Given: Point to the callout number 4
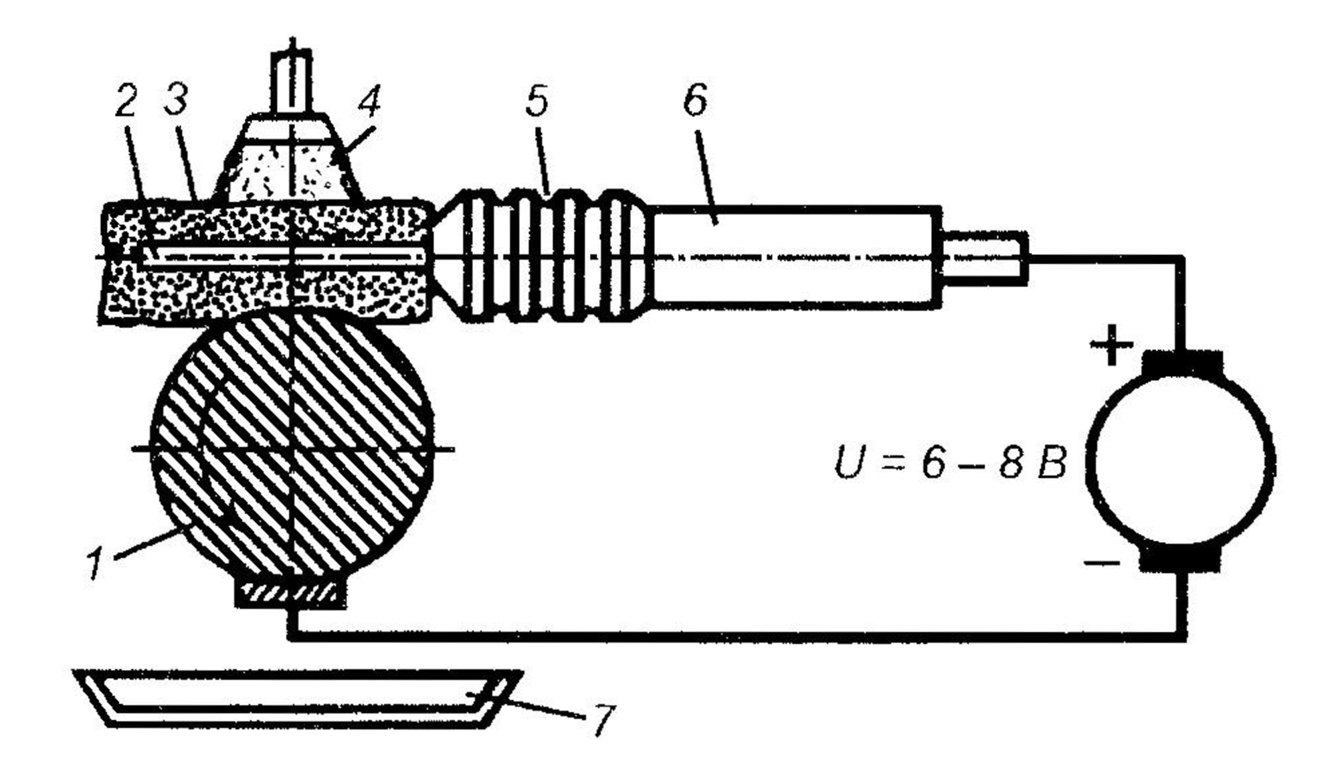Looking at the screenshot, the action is (x=369, y=102).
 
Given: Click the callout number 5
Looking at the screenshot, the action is (x=537, y=100).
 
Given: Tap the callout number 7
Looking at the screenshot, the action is (x=601, y=720).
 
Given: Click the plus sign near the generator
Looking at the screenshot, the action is (x=1111, y=345).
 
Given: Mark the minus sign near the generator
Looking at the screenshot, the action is (x=1102, y=564).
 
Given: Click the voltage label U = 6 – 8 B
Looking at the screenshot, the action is (x=950, y=462).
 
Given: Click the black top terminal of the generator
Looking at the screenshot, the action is (x=1181, y=363).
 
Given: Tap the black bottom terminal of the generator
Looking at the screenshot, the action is (x=1181, y=561).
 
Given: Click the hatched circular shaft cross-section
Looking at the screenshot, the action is (x=292, y=448).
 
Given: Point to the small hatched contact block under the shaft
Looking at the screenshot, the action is (x=292, y=594).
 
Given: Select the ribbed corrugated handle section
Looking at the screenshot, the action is (x=541, y=256).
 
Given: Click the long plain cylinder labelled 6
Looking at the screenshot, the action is (x=796, y=257).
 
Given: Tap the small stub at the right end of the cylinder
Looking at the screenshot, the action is (x=984, y=258).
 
